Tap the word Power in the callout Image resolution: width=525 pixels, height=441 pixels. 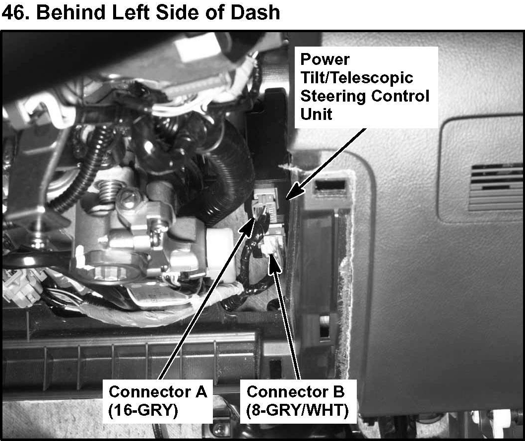325,59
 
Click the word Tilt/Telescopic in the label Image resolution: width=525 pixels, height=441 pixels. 357,78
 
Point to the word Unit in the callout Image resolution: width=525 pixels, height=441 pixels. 316,114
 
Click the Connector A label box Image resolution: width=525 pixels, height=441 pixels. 157,401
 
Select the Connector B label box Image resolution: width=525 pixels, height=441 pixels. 298,401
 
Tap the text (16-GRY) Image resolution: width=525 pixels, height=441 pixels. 143,410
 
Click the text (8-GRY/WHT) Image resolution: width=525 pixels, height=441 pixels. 297,410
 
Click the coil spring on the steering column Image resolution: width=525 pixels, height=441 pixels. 109,193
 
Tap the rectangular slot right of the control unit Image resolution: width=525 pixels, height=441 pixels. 330,184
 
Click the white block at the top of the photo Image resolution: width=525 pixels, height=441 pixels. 198,50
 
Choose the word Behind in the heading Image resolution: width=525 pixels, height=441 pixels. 70,13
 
